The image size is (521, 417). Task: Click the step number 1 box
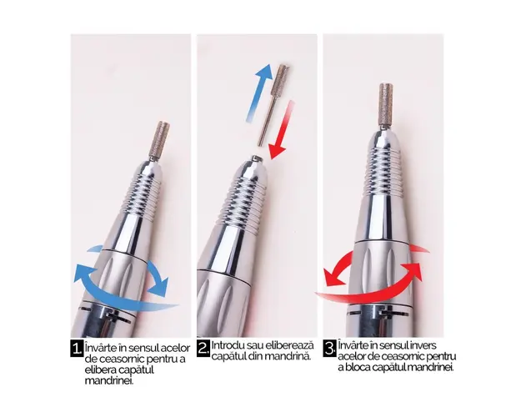(x=77, y=349)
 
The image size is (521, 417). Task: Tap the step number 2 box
(x=203, y=349)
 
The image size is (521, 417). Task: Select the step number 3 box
(x=329, y=349)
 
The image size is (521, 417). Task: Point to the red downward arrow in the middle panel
(x=282, y=130)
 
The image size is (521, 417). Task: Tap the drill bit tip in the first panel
(x=161, y=140)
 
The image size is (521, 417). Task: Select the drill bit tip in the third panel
(x=385, y=104)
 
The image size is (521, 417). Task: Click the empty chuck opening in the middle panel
(x=256, y=158)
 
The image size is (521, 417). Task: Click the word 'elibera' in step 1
(x=97, y=369)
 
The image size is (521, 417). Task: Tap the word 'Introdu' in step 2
(x=224, y=344)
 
